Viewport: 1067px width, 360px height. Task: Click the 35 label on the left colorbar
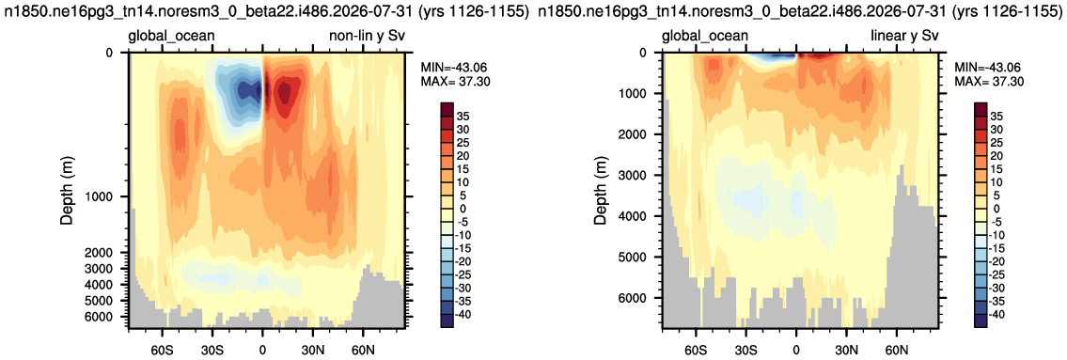[469, 116]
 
